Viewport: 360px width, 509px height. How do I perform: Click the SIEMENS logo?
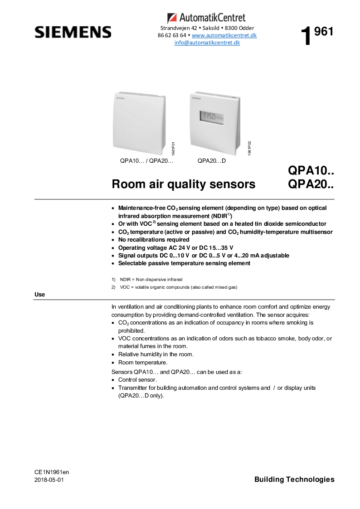tap(73, 32)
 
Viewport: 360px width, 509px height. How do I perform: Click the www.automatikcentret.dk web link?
tap(224, 35)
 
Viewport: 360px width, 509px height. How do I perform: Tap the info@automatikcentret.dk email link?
tap(207, 43)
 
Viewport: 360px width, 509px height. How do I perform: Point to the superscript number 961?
tap(324, 31)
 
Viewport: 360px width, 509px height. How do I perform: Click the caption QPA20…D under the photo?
tap(212, 161)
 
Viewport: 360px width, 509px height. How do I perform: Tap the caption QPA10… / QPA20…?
tap(147, 161)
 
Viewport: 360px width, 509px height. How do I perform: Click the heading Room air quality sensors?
tap(183, 184)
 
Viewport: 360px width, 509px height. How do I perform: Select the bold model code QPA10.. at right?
tap(311, 171)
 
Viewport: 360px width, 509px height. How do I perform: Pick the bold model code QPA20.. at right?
tap(311, 185)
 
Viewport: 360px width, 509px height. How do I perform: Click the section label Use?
tap(40, 295)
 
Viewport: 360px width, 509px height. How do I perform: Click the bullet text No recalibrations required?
tap(154, 239)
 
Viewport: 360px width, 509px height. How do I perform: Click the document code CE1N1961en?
tap(52, 472)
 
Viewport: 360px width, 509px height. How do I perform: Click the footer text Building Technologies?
tap(294, 479)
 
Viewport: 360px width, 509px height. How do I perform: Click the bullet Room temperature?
tap(143, 362)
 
